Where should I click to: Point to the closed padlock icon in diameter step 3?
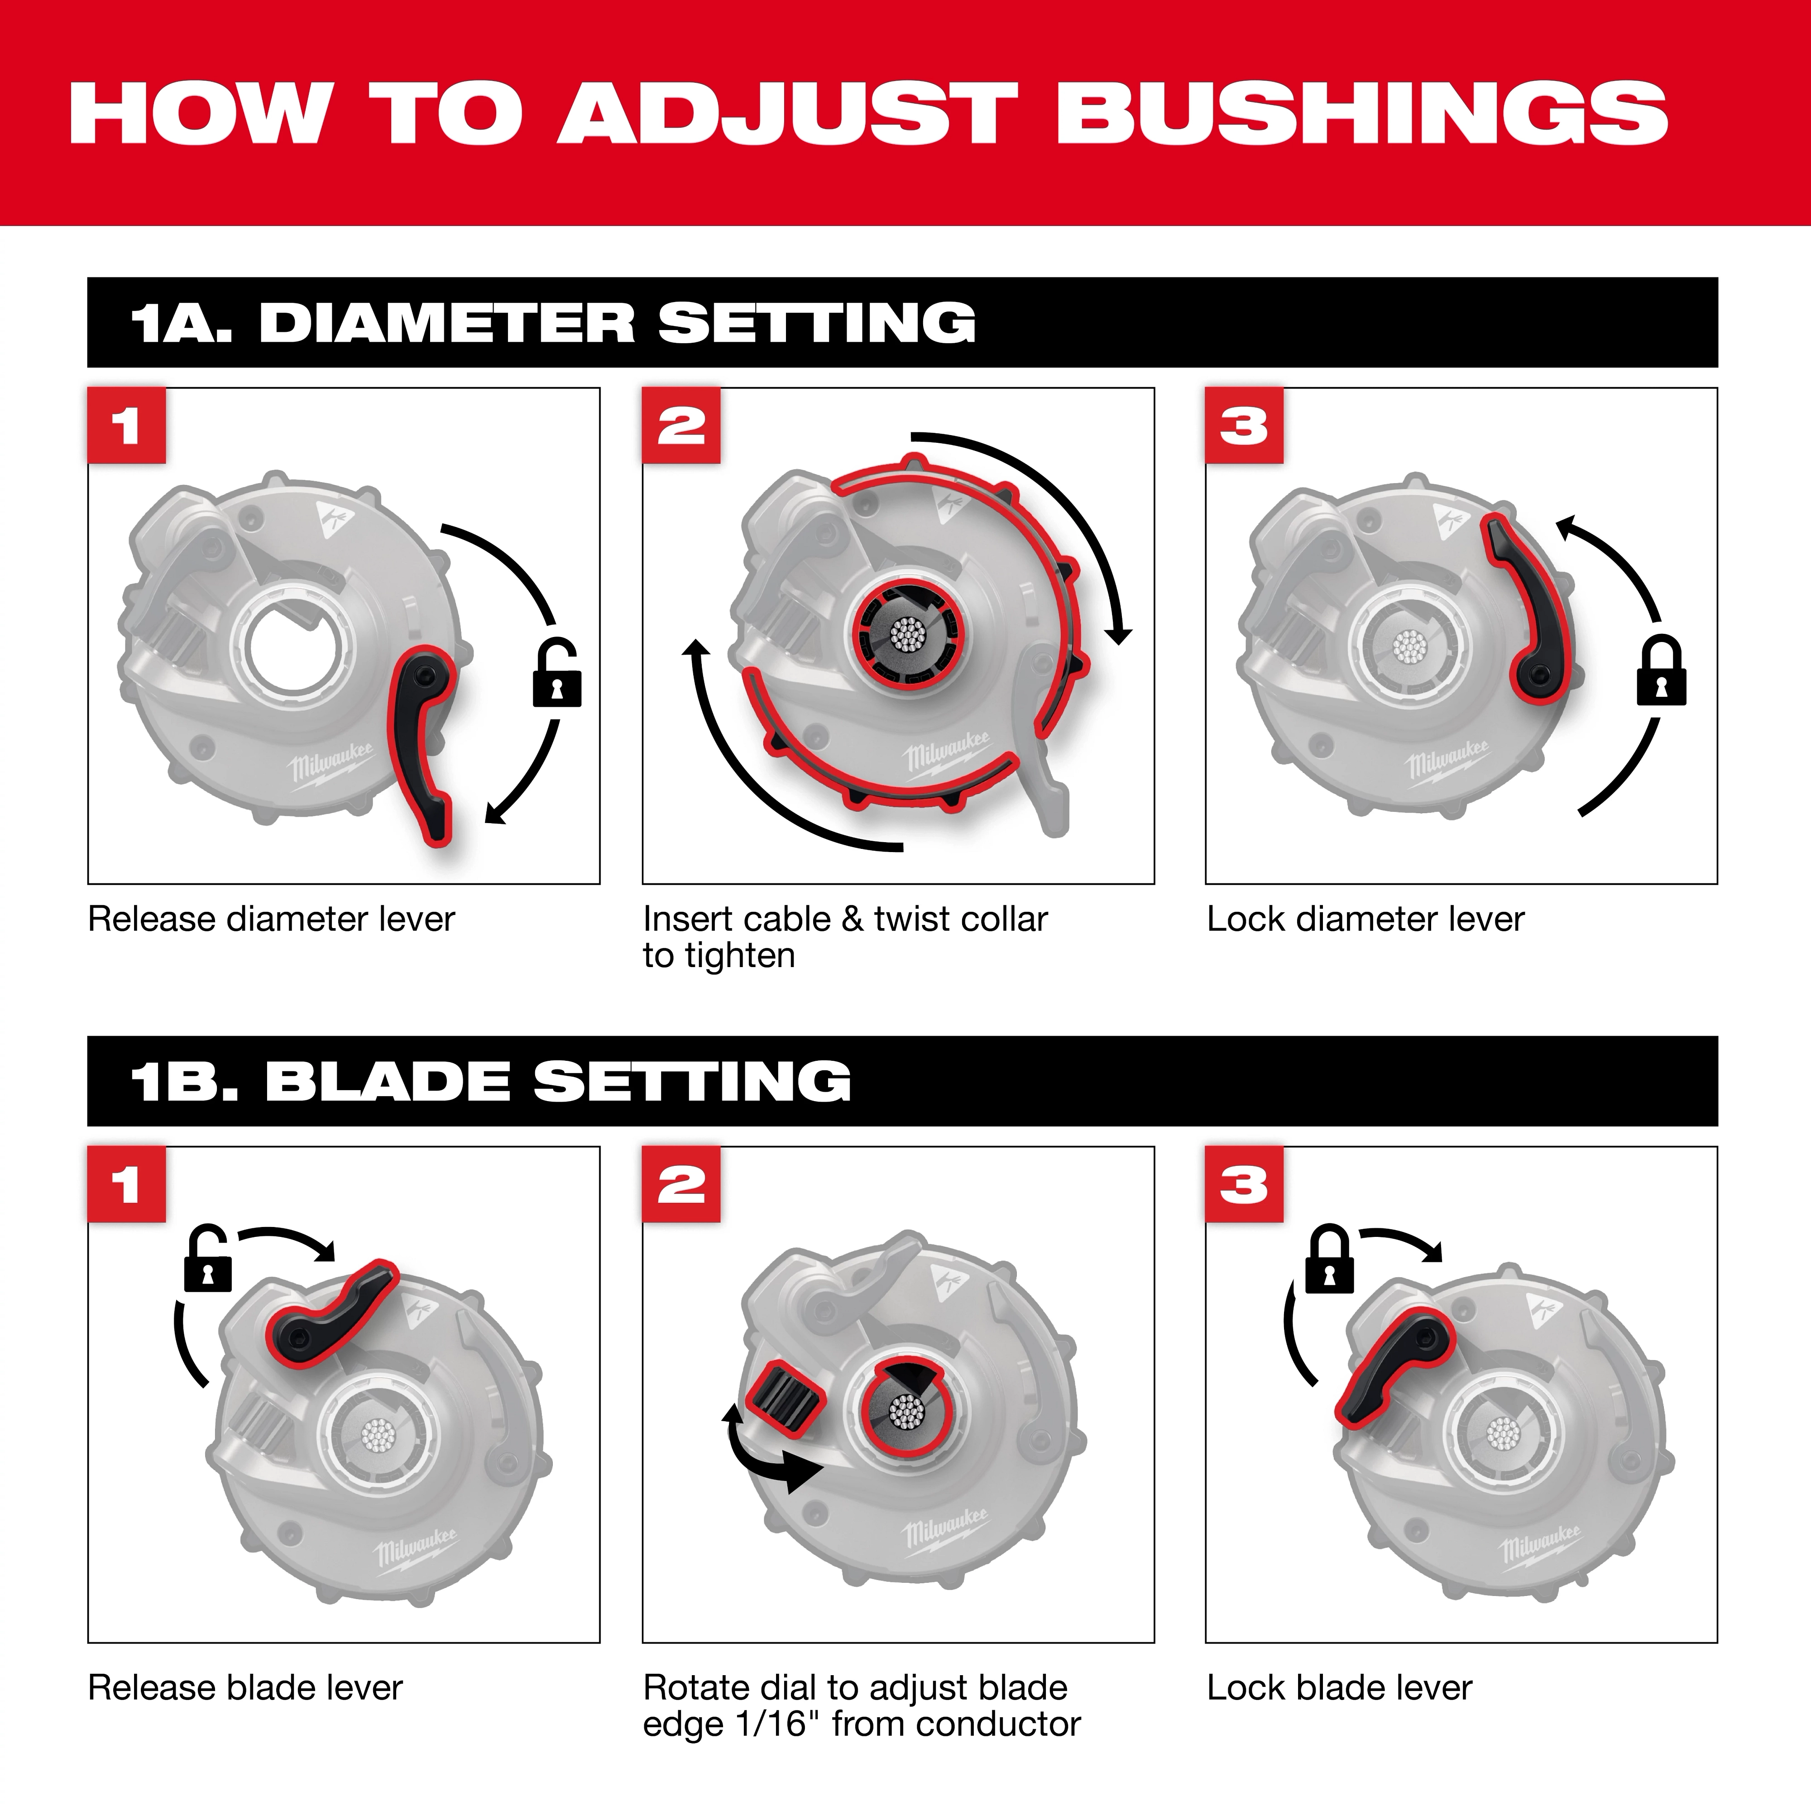pyautogui.click(x=1661, y=672)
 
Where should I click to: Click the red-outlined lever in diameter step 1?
pyautogui.click(x=424, y=741)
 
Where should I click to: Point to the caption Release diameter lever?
pyautogui.click(x=271, y=920)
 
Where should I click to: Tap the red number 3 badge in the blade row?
pyautogui.click(x=1244, y=1185)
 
